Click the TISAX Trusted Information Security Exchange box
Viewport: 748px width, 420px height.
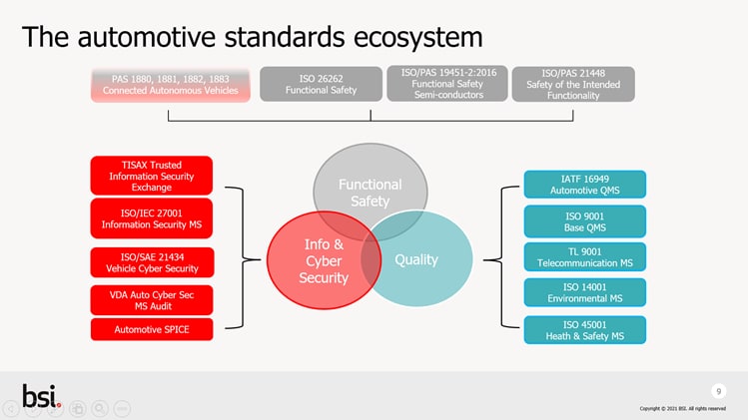click(x=151, y=176)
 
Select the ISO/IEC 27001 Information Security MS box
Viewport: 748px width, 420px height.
click(x=151, y=218)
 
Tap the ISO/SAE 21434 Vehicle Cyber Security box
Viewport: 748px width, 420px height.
click(x=151, y=262)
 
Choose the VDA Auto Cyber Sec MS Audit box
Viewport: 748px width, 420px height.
click(x=151, y=299)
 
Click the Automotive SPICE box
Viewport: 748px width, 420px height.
click(x=151, y=329)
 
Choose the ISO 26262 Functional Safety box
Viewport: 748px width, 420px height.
click(x=321, y=84)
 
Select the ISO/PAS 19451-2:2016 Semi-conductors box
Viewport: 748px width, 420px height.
click(x=448, y=84)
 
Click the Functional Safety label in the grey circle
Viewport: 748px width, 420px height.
click(x=370, y=194)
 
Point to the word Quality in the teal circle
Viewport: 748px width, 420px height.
click(x=416, y=260)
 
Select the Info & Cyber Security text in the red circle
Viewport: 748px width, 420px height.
click(x=324, y=260)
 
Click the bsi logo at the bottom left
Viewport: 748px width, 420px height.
click(x=41, y=396)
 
